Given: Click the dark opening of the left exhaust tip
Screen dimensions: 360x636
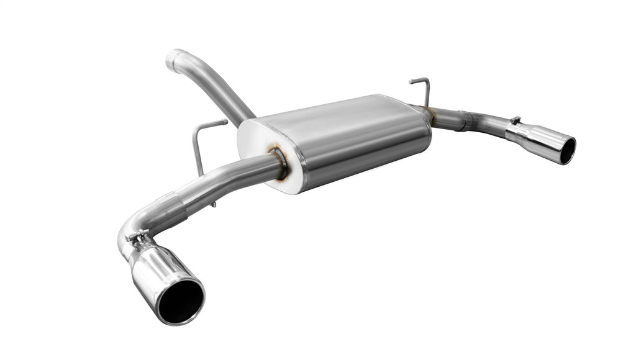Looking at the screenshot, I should [x=180, y=300].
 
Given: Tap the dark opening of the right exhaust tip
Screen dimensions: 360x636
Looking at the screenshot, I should [x=567, y=150].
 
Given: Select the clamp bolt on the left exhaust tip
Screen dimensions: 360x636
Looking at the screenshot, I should [x=138, y=235].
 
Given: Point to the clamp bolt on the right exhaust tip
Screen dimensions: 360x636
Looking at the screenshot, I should [x=514, y=120].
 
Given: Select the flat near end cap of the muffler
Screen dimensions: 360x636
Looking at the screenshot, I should [x=267, y=155].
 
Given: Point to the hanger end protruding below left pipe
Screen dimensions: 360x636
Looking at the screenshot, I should [x=213, y=203].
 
